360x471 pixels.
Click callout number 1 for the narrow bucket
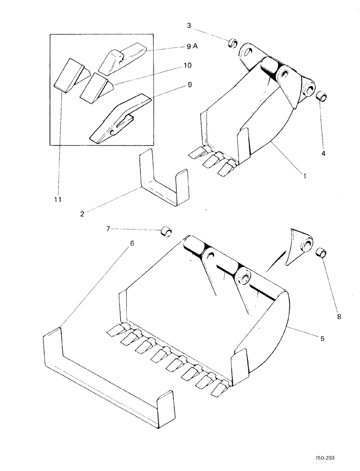click(292, 176)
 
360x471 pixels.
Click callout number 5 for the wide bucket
click(322, 338)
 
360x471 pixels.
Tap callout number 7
click(108, 228)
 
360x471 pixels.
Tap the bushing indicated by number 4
click(321, 98)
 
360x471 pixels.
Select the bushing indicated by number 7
click(165, 231)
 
